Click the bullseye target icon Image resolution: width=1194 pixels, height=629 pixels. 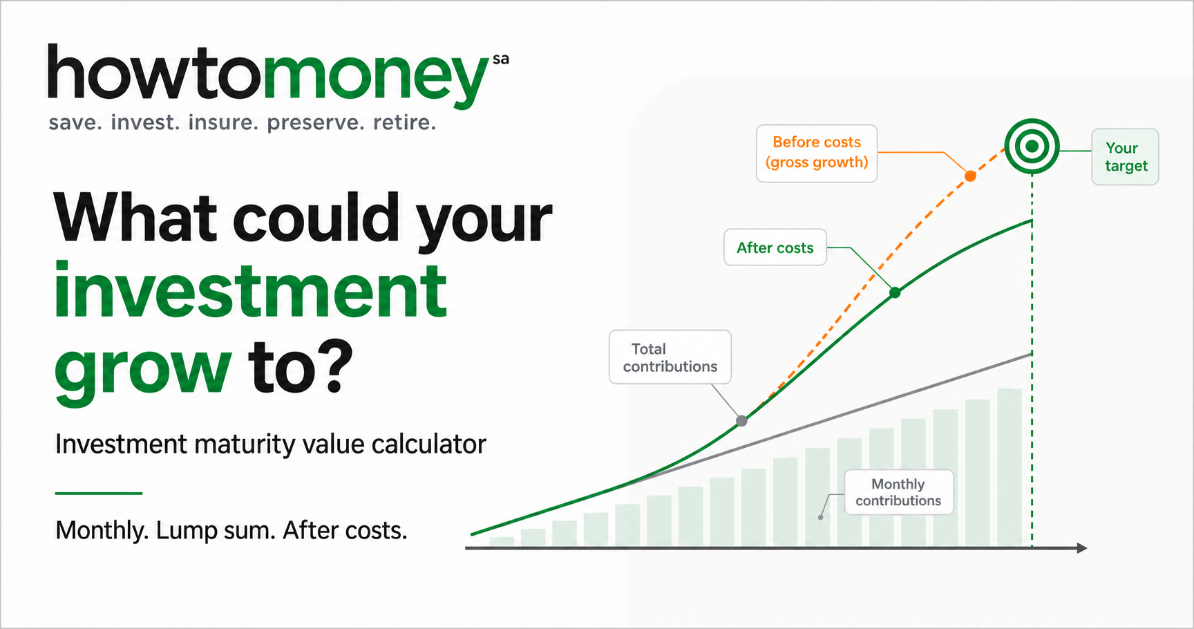point(1032,147)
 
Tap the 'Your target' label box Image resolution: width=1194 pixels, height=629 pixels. point(1125,157)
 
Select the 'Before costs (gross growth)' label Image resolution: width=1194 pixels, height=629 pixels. point(817,153)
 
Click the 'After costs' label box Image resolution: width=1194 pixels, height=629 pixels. point(775,247)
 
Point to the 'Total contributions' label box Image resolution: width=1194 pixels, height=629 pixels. point(670,357)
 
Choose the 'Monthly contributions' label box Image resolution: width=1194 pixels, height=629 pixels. point(899,492)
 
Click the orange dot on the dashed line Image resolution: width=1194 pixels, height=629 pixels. point(970,176)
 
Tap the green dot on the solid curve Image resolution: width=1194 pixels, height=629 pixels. point(895,292)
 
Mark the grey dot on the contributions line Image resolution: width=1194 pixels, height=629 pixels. point(741,420)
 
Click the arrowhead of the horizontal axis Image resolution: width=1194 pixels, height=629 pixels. point(1082,548)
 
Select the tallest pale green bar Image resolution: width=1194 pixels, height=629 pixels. point(1010,468)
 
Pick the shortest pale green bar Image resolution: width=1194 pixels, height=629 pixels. point(502,542)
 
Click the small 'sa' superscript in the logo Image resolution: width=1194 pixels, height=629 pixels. point(501,59)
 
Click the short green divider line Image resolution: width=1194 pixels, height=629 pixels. point(99,493)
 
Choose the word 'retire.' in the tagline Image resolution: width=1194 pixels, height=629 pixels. point(405,122)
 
